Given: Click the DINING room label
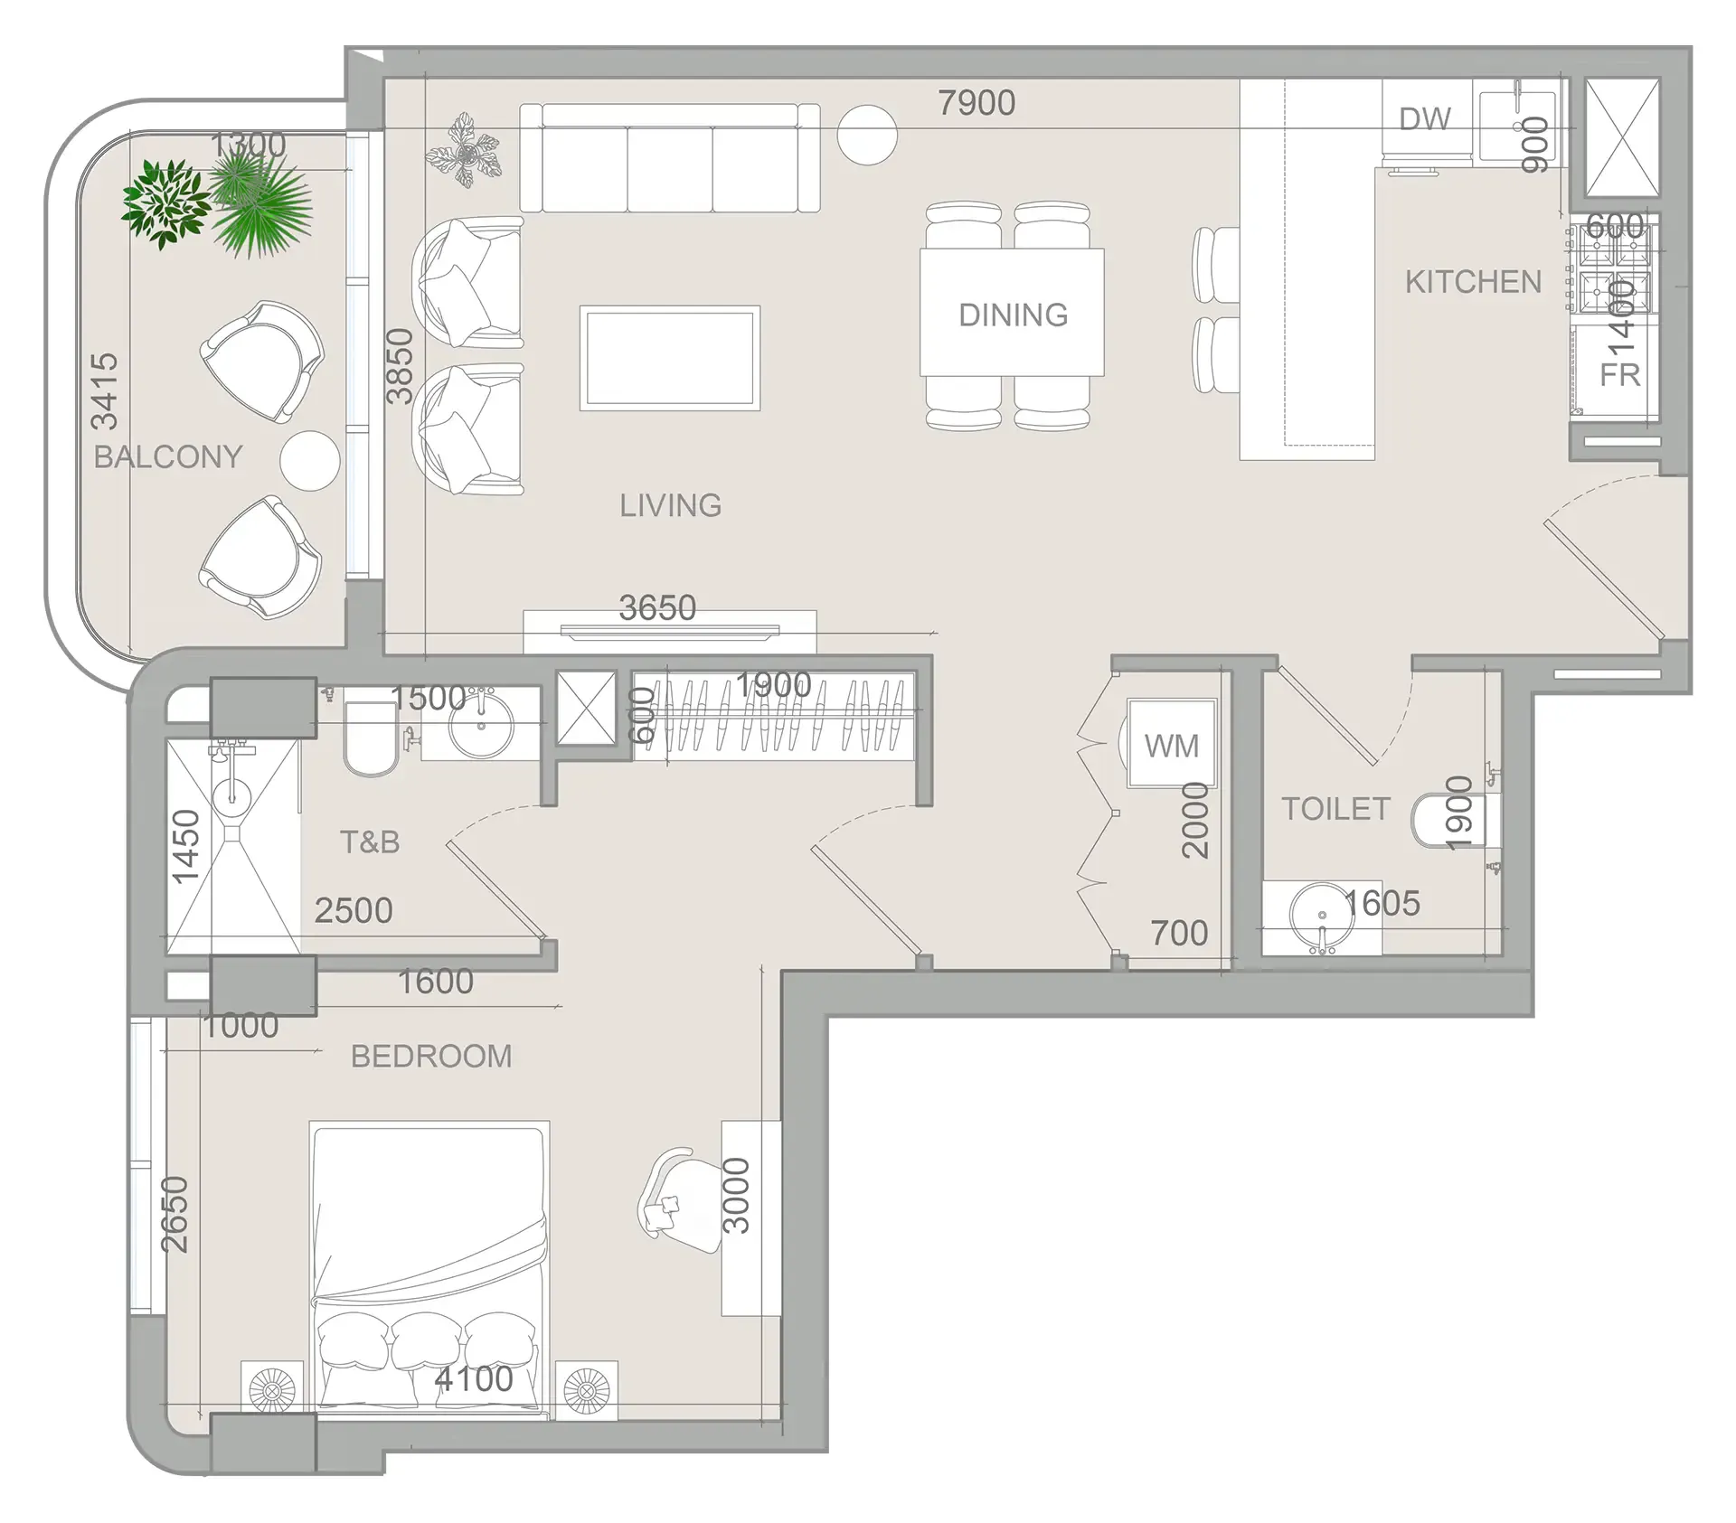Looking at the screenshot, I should [x=1013, y=315].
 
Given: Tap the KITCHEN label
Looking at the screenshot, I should [x=1472, y=282].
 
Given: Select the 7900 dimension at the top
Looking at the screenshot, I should [x=976, y=103].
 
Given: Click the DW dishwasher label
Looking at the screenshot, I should [x=1424, y=119].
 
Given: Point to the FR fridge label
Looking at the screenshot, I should [x=1618, y=375].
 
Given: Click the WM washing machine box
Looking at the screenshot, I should [x=1171, y=745].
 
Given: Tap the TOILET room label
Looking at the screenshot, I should [x=1335, y=808].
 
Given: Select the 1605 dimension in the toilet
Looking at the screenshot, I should [x=1382, y=903].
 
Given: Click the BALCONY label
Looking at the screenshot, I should [x=168, y=456].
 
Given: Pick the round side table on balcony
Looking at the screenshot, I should [x=310, y=461].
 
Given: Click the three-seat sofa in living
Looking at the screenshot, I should [x=670, y=158].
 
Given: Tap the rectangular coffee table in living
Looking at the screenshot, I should [x=669, y=358].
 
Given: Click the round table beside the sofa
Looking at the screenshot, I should [x=866, y=135].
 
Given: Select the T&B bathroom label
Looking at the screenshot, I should [x=369, y=841].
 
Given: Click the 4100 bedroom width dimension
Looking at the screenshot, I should [x=473, y=1378].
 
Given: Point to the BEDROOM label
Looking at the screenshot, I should [x=430, y=1056].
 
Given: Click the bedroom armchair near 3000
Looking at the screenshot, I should [x=680, y=1200].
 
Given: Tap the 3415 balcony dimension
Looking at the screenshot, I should [x=104, y=391].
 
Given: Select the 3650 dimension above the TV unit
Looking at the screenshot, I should [x=657, y=607].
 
